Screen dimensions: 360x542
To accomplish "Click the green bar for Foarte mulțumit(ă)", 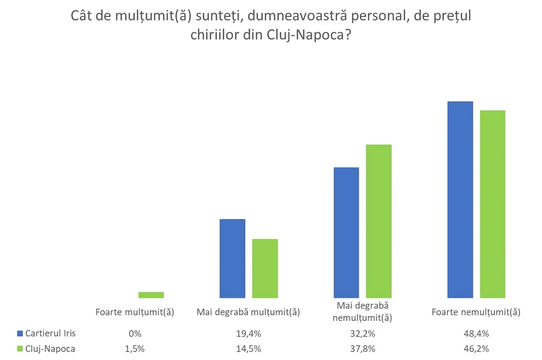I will point(151,295).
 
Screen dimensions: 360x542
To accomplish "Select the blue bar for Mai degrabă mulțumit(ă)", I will point(232,258).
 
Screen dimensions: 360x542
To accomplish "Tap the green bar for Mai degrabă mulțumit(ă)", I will point(265,268).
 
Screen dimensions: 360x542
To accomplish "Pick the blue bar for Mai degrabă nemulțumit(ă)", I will point(346,233).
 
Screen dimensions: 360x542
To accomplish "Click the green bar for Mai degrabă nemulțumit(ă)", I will point(378,221).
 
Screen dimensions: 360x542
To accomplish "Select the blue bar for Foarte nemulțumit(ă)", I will point(460,199).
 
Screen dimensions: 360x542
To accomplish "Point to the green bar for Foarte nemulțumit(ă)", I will point(492,204).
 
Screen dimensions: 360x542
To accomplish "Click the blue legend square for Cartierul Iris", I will point(19,333).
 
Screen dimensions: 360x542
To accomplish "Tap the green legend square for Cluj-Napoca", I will point(19,349).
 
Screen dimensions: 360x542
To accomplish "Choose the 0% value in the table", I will point(135,334).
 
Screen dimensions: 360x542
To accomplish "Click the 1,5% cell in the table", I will point(135,349).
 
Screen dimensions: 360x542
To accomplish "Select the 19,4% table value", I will point(249,334).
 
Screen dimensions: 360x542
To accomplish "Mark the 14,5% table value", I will point(249,349).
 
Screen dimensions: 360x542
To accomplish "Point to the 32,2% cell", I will point(363,334).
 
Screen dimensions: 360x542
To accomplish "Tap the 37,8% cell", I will point(363,349).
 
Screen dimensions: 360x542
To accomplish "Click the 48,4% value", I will point(477,334).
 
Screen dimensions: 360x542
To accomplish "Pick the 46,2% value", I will point(477,349).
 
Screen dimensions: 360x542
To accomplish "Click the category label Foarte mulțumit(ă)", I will point(135,312).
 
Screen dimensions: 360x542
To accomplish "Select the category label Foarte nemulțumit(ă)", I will point(476,312).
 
